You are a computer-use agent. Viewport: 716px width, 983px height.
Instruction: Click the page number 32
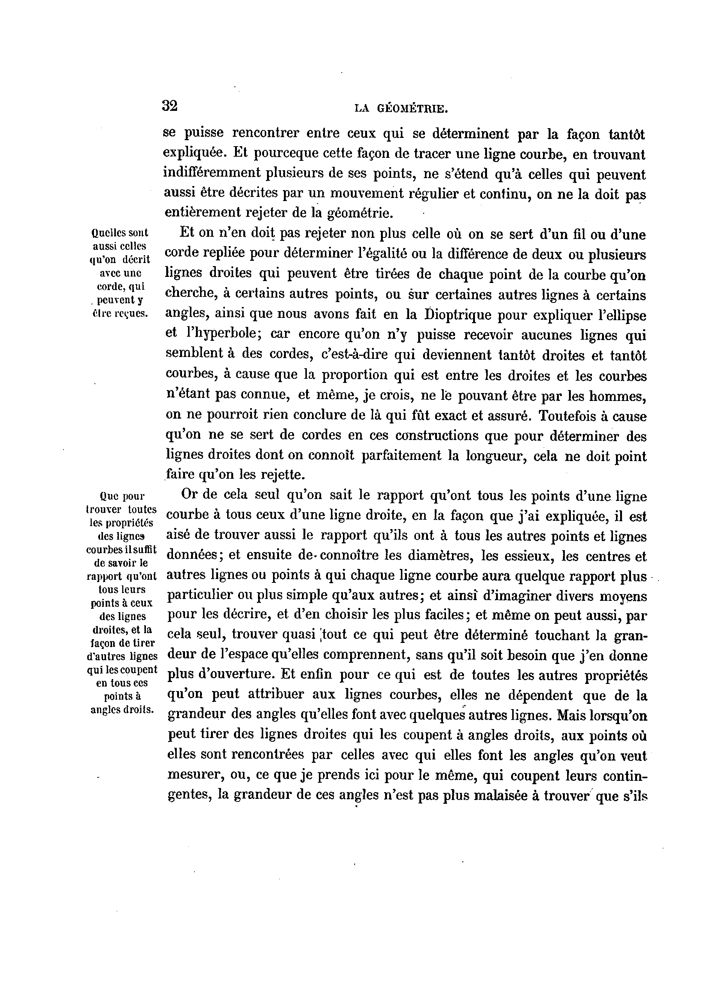(170, 105)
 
